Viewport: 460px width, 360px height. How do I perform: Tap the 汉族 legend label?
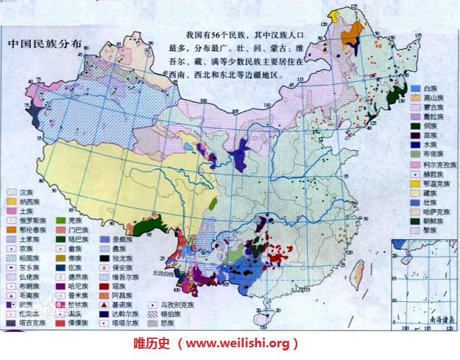(26, 192)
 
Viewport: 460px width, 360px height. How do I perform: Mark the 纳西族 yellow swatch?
(11, 201)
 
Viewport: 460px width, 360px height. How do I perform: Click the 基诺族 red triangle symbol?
(104, 305)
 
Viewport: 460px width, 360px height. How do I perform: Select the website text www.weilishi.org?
(241, 344)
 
